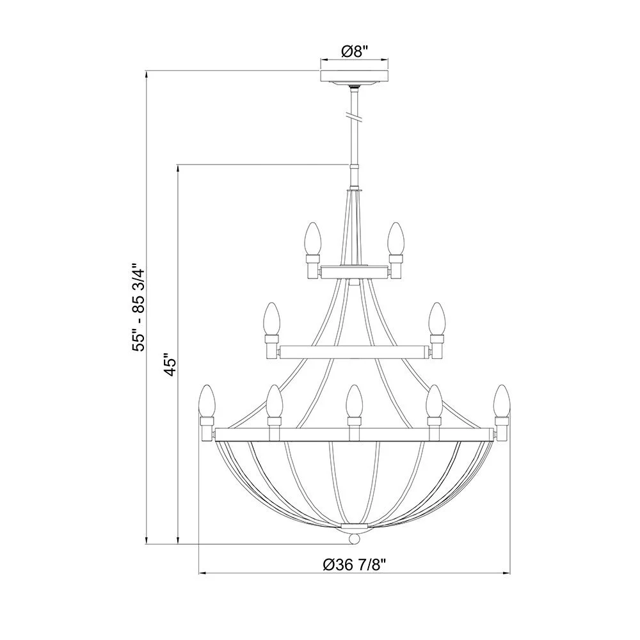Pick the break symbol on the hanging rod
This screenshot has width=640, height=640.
[x=353, y=116]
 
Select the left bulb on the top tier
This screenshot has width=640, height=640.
[x=312, y=239]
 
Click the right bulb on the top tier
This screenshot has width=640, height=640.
[x=395, y=239]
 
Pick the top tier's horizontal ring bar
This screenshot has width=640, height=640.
[x=353, y=272]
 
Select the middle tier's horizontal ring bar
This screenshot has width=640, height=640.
[x=353, y=351]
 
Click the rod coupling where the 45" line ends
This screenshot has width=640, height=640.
[x=353, y=166]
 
